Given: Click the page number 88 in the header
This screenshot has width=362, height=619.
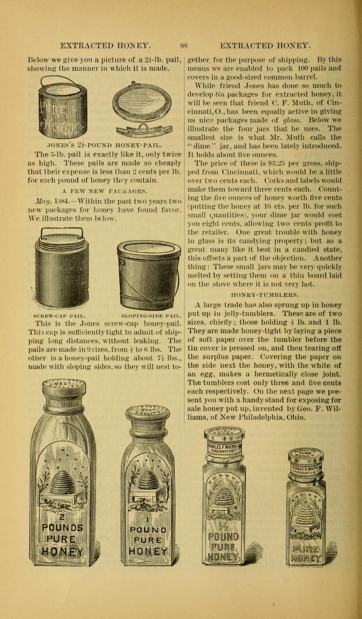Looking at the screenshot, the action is pos(184,45).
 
